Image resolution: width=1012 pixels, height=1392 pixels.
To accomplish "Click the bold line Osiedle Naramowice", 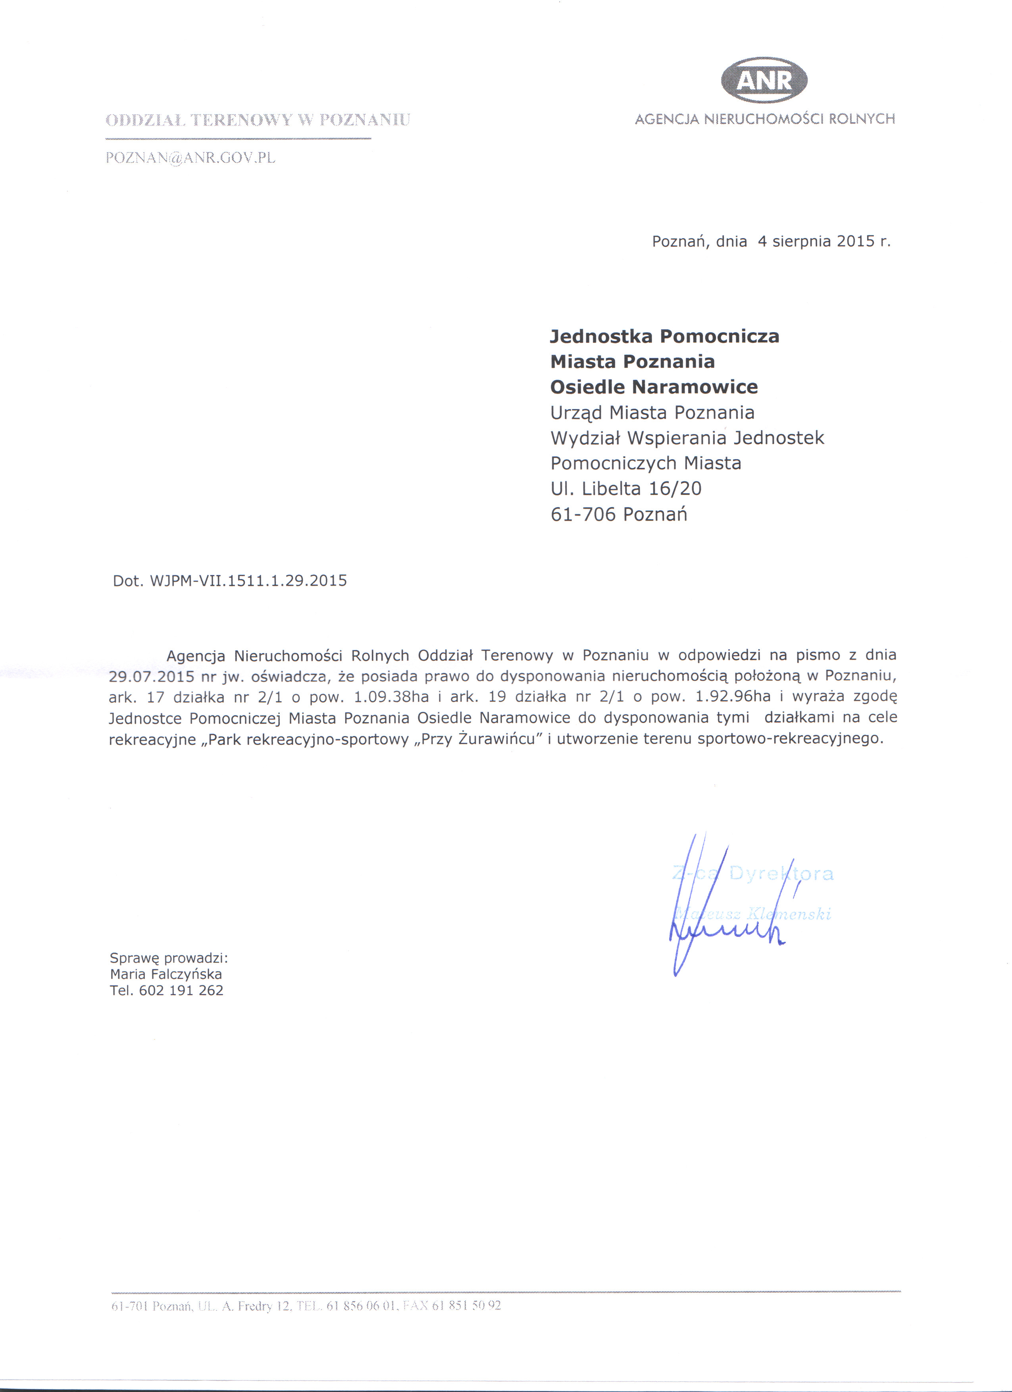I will coord(654,387).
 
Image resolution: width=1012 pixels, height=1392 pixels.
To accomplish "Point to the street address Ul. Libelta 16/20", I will coord(625,488).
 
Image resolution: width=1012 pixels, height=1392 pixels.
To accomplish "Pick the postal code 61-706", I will coord(583,514).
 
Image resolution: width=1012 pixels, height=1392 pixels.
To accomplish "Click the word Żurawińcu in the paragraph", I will coord(497,739).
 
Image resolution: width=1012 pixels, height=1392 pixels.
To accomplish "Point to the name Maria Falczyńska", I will coord(166,974).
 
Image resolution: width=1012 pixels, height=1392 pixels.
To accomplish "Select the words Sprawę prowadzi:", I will coord(169,958).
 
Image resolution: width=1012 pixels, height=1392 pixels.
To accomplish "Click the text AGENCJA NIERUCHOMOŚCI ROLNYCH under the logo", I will coord(765,119).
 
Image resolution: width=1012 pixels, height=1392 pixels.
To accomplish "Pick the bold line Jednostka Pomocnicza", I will coord(664,336).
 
